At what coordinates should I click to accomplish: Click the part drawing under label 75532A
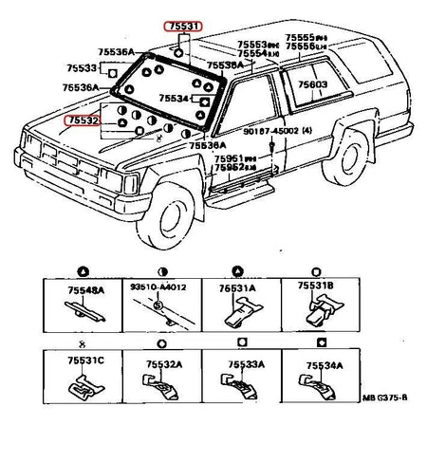(x=163, y=387)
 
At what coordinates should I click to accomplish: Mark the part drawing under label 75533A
(x=243, y=387)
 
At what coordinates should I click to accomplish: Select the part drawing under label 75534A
(x=320, y=387)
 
